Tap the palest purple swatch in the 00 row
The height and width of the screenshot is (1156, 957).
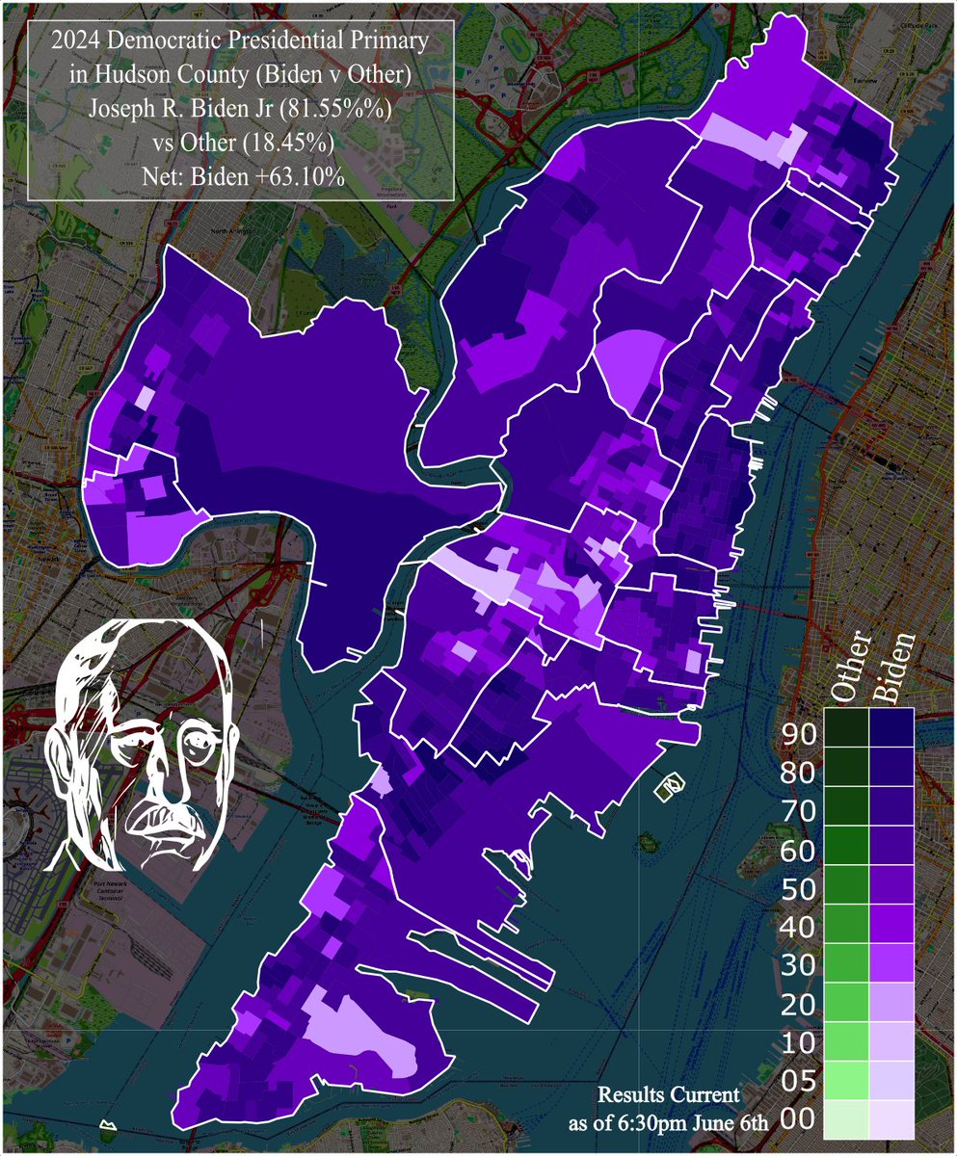click(891, 1117)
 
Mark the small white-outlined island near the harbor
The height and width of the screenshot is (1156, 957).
click(669, 787)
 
